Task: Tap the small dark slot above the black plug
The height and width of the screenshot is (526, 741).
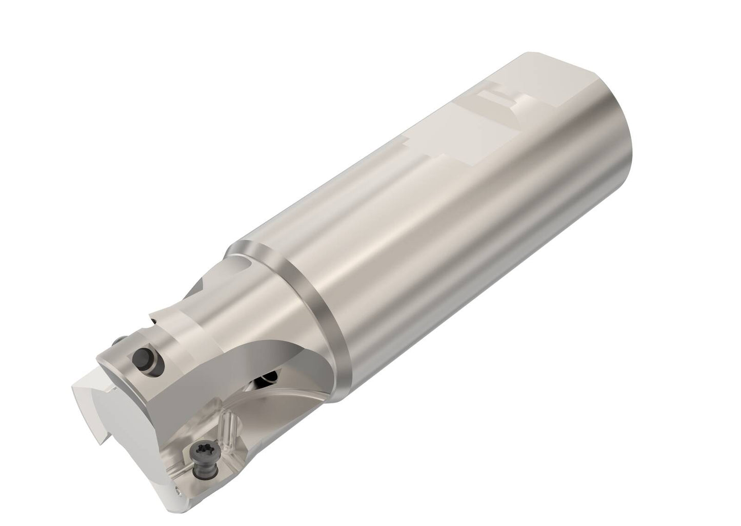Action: point(153,321)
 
